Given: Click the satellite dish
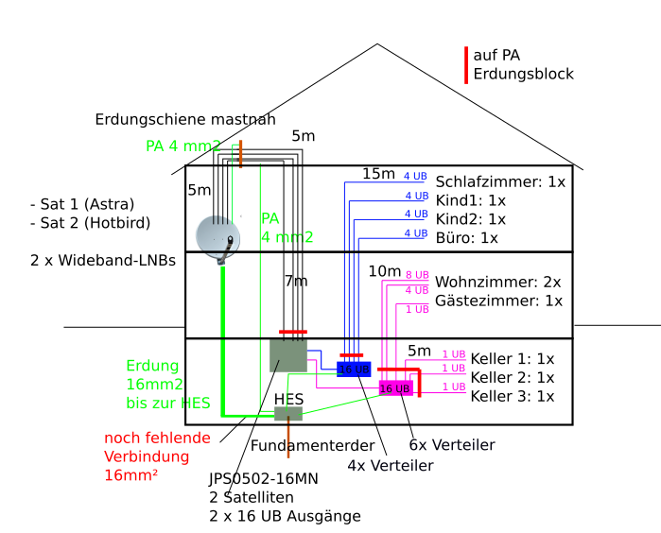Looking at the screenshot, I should click(217, 237).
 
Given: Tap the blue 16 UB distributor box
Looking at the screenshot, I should click(353, 369).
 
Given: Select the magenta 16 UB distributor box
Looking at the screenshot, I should click(395, 387).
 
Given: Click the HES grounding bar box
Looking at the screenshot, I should click(287, 413).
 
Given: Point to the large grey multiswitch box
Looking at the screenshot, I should click(288, 355).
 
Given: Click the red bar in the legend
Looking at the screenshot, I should click(466, 65).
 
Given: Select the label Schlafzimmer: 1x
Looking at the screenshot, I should click(499, 181).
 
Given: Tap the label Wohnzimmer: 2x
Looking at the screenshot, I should click(497, 282).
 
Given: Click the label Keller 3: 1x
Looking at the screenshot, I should click(512, 396).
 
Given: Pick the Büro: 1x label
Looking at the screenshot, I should click(466, 237).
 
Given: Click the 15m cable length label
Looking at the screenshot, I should click(378, 174).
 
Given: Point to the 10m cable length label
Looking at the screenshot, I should click(385, 271).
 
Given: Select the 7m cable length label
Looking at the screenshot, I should click(296, 281).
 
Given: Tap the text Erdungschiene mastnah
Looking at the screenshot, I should click(185, 119).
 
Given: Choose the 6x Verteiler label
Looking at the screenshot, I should click(451, 444).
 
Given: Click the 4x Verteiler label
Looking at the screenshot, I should click(391, 465).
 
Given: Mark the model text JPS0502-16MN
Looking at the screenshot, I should click(263, 478).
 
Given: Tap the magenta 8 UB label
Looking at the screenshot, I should click(416, 274).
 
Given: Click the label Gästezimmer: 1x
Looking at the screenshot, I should click(498, 301).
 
